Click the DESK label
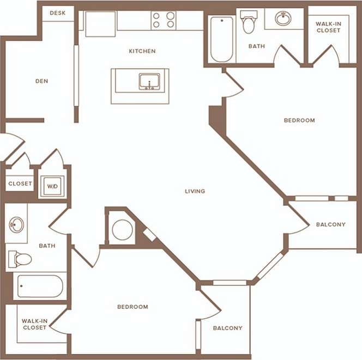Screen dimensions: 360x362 point(58,13)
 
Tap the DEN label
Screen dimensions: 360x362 point(41,81)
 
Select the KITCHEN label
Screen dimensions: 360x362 point(142,51)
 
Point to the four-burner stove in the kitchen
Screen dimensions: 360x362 point(164,20)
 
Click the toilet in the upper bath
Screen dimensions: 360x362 point(249,23)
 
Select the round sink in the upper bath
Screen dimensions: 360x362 point(283,19)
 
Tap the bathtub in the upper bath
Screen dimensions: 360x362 point(222,39)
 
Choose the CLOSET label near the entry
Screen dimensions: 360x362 point(20,184)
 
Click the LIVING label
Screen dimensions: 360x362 point(195,191)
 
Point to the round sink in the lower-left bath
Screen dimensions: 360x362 point(17,224)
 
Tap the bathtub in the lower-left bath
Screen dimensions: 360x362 point(40,286)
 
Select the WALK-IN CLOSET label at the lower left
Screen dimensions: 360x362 point(34,324)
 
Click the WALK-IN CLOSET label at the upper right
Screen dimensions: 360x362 point(328,27)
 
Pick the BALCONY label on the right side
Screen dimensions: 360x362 point(330,224)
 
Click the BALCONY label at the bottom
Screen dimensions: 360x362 point(227,328)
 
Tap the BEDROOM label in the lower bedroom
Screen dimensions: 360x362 point(132,307)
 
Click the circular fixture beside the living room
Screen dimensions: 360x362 point(121,230)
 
